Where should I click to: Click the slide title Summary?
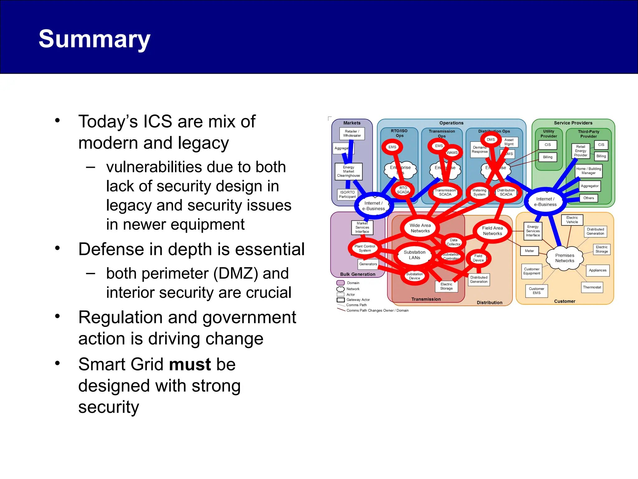tap(94, 39)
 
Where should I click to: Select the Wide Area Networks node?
tap(420, 228)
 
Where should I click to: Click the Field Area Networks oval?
tap(492, 231)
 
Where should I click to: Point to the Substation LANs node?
tap(414, 255)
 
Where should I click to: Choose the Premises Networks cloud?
tap(564, 258)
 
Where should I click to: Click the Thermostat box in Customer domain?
tap(592, 287)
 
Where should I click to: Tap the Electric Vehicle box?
tap(572, 220)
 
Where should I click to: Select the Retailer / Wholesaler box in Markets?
tap(352, 133)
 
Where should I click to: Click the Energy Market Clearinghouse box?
tap(348, 172)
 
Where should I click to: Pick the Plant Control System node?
tap(364, 248)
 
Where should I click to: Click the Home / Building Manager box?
tap(588, 171)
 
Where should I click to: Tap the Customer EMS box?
tap(536, 291)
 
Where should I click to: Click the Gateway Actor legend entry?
tap(358, 300)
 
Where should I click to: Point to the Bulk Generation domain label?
tap(358, 274)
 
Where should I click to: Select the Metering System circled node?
tap(479, 192)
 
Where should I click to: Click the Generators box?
tap(368, 264)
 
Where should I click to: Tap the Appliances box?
tap(598, 270)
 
